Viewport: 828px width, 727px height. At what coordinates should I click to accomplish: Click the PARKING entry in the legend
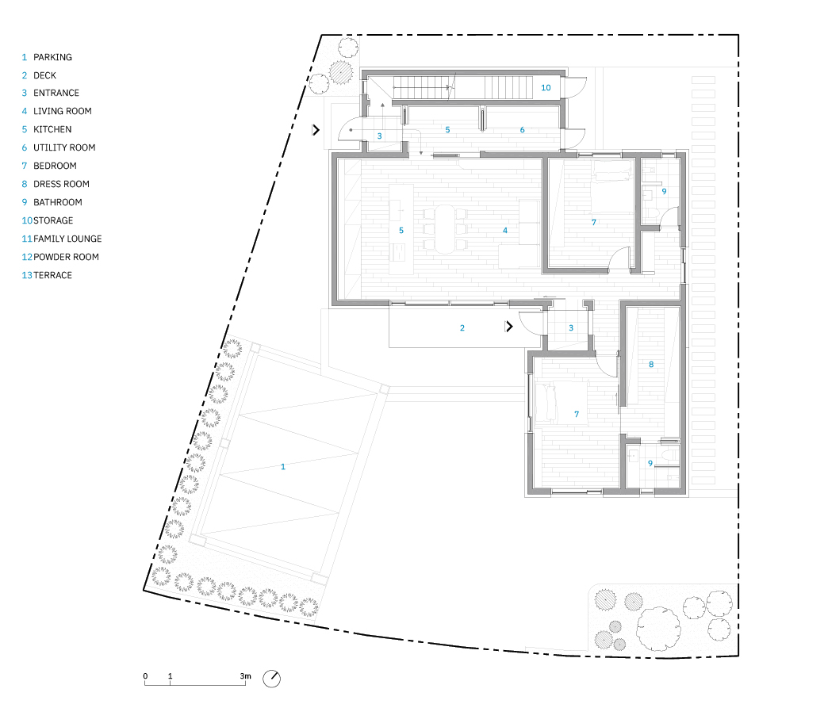tap(52, 57)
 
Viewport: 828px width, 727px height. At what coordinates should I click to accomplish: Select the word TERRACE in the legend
tap(52, 275)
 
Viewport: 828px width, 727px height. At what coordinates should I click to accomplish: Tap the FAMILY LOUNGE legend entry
tap(67, 239)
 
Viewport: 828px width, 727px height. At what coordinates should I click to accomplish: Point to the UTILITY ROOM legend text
tap(64, 147)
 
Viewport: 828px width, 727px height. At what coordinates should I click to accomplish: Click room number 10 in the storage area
tap(546, 88)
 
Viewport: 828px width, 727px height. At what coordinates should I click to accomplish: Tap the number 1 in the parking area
tap(283, 467)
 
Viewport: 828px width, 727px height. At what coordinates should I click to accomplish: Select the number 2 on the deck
tap(462, 328)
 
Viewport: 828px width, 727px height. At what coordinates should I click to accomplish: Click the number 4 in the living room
tap(505, 230)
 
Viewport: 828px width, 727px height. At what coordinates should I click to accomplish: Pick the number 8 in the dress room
tap(651, 364)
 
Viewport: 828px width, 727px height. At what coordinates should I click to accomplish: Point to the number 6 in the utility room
tap(522, 130)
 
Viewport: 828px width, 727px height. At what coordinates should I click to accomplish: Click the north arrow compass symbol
tap(271, 679)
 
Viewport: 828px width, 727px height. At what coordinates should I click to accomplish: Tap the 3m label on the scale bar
tap(246, 675)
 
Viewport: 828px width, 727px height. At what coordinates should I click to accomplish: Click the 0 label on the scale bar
tap(145, 675)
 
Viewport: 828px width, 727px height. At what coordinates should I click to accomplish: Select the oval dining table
tap(445, 229)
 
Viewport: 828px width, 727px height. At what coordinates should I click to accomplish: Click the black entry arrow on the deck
tap(509, 327)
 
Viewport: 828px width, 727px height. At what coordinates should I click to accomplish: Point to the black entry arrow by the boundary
tap(316, 129)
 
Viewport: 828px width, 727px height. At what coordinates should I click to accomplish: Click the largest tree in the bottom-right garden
tap(658, 628)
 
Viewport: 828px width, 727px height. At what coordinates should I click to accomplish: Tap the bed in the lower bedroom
tap(561, 403)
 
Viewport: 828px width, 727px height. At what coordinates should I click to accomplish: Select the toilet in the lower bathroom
tap(671, 454)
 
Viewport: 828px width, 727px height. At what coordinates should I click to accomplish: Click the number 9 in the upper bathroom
tap(664, 192)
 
